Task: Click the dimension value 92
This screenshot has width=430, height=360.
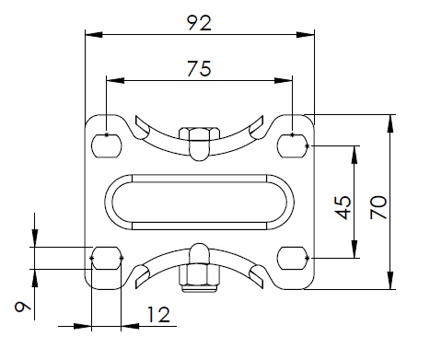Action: click(x=199, y=23)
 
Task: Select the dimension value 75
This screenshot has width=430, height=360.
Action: click(x=199, y=68)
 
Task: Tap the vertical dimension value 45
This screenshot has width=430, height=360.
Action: click(x=343, y=207)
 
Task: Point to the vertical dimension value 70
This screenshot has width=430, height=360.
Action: click(x=378, y=207)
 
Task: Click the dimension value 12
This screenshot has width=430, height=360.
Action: click(x=158, y=314)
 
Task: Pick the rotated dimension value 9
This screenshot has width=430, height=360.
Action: click(x=23, y=307)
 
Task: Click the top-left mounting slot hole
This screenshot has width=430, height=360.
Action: click(x=107, y=145)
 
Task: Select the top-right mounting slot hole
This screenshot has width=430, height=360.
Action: click(x=293, y=145)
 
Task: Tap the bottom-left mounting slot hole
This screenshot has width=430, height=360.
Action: click(x=107, y=258)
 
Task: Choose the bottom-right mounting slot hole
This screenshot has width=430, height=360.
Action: click(x=293, y=258)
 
